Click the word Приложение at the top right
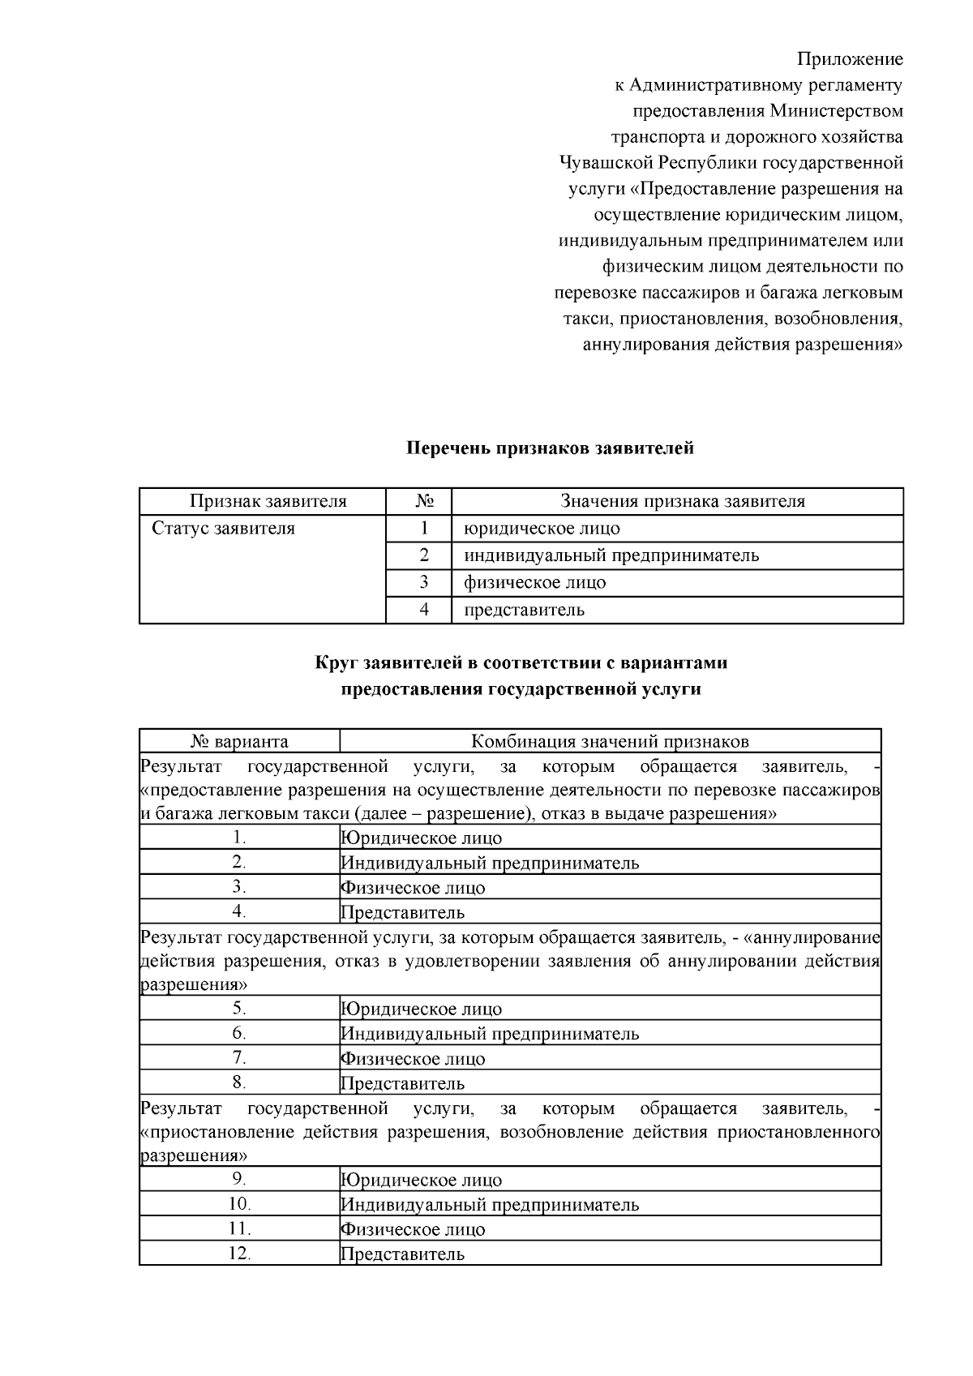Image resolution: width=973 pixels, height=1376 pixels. pos(850,59)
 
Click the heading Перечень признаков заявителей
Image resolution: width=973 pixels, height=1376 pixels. pos(550,448)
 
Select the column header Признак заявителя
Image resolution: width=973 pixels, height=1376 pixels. pos(268,501)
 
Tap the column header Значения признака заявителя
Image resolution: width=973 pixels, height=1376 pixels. pos(683,501)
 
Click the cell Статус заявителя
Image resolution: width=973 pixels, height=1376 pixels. pos(224,529)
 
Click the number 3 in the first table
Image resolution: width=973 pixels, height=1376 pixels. pos(423,582)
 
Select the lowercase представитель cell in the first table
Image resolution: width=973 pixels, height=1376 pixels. pos(524,610)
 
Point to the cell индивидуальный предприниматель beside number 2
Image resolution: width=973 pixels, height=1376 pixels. pos(611,555)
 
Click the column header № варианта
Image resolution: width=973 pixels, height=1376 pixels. pos(239,741)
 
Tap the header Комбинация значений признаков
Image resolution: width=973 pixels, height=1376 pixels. pos(610,741)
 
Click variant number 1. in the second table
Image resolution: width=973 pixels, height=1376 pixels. pos(239,838)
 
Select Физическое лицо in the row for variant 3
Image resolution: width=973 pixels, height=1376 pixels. pos(413,888)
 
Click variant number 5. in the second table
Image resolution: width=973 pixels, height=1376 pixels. pos(239,1009)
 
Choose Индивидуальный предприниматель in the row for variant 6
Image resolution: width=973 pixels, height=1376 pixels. pos(490,1034)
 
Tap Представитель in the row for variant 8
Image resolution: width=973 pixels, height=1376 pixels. pos(402,1083)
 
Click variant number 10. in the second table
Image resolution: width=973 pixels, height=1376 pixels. pos(239,1204)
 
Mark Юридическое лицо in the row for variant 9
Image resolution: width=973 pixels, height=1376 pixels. pos(421,1180)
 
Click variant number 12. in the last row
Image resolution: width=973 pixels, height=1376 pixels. pos(239,1254)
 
